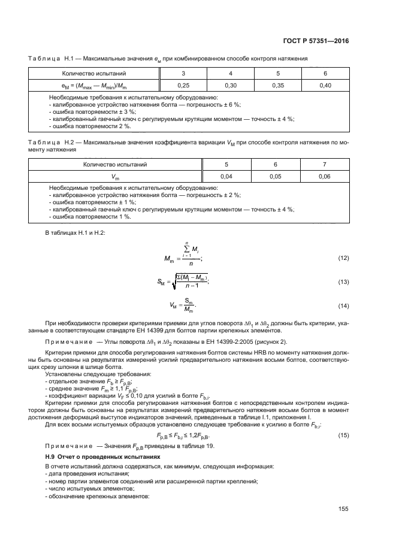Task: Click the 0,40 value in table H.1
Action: click(325, 86)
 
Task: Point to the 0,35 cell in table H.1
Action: click(278, 86)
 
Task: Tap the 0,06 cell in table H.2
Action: click(325, 176)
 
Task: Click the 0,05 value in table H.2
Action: click(276, 176)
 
